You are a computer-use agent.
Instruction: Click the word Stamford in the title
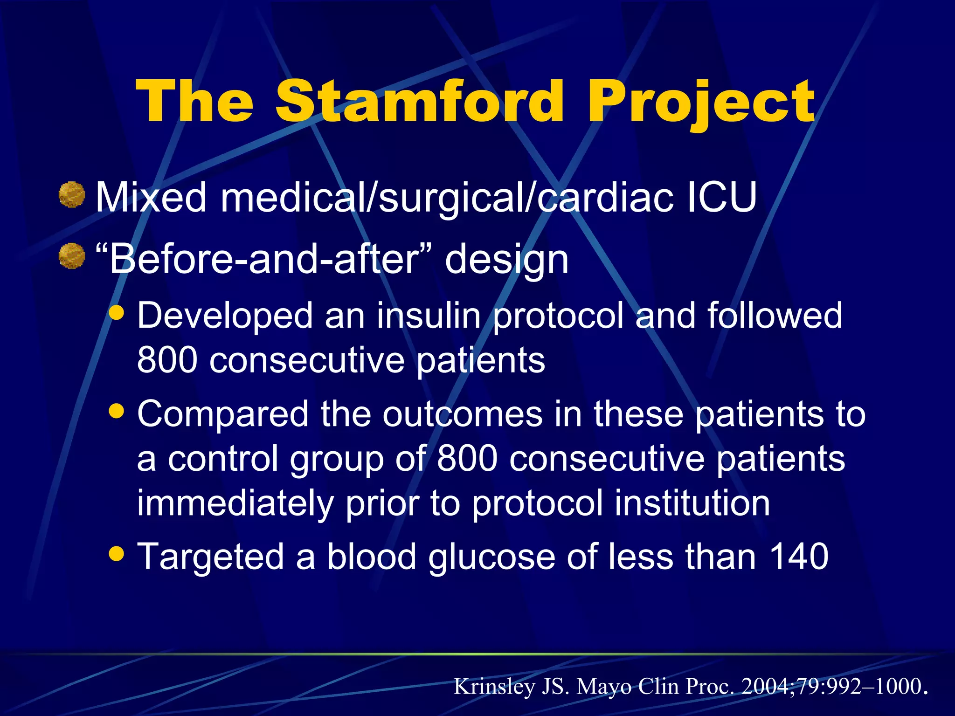pyautogui.click(x=420, y=101)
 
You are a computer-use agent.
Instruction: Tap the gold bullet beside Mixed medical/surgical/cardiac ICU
pyautogui.click(x=72, y=194)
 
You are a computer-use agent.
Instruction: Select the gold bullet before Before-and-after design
pyautogui.click(x=72, y=256)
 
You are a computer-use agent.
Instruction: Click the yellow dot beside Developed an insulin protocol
pyautogui.click(x=116, y=313)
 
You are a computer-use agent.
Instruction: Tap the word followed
pyautogui.click(x=775, y=316)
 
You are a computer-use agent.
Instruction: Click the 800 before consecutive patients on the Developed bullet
pyautogui.click(x=167, y=360)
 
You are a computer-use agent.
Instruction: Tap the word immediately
pyautogui.click(x=235, y=504)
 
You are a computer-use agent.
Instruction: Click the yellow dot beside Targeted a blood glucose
pyautogui.click(x=116, y=554)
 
